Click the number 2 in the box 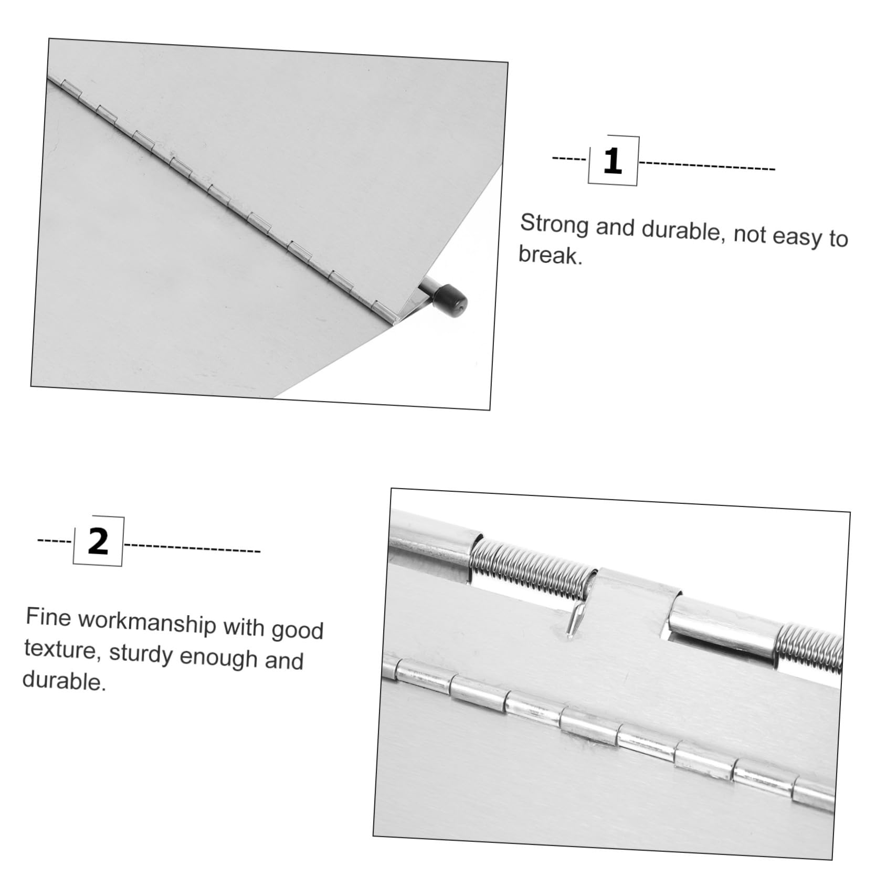point(98,542)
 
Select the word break point(551,255)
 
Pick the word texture point(60,650)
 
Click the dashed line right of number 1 point(707,166)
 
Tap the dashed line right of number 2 point(193,548)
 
